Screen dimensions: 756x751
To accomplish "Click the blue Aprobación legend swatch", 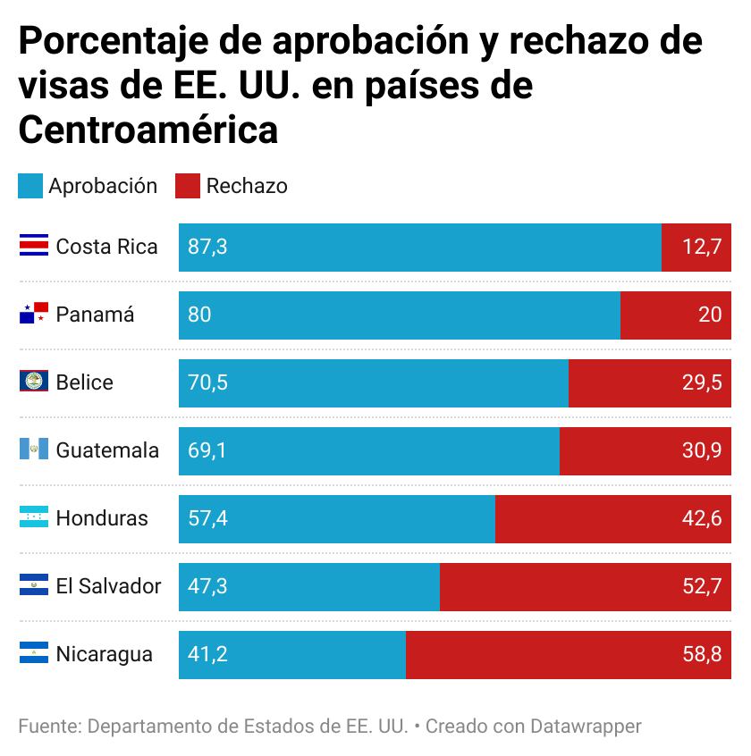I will [30, 186].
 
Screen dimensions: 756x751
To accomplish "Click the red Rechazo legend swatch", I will [188, 186].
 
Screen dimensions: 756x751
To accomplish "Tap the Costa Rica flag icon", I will [34, 247].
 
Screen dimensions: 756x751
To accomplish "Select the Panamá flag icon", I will [34, 315].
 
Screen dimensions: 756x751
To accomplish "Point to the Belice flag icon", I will [34, 382].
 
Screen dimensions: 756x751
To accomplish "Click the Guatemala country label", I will [107, 450].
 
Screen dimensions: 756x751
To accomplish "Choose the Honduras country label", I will [102, 518].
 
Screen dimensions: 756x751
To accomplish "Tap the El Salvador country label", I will [108, 586].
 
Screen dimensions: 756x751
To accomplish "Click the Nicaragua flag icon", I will [34, 654].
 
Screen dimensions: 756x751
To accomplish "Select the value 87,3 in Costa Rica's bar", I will [207, 248].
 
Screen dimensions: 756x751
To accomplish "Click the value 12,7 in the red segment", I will [702, 248].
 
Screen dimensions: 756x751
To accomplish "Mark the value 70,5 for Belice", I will [207, 383].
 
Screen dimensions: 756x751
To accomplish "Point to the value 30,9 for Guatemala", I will [702, 451].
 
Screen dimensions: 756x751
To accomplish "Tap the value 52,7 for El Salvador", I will [702, 587].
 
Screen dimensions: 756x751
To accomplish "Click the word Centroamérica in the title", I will [148, 130].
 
